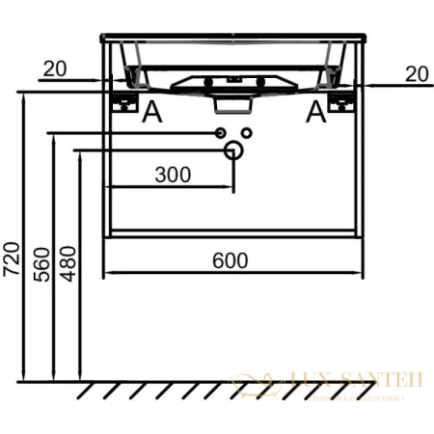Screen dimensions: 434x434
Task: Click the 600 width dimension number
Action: click(231, 260)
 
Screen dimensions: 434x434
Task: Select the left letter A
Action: click(151, 114)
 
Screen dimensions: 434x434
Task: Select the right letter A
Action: click(315, 114)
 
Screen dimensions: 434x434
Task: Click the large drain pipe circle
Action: click(232, 150)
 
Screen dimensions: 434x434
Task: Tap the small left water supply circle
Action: click(220, 131)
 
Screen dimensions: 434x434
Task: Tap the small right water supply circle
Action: click(246, 131)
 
